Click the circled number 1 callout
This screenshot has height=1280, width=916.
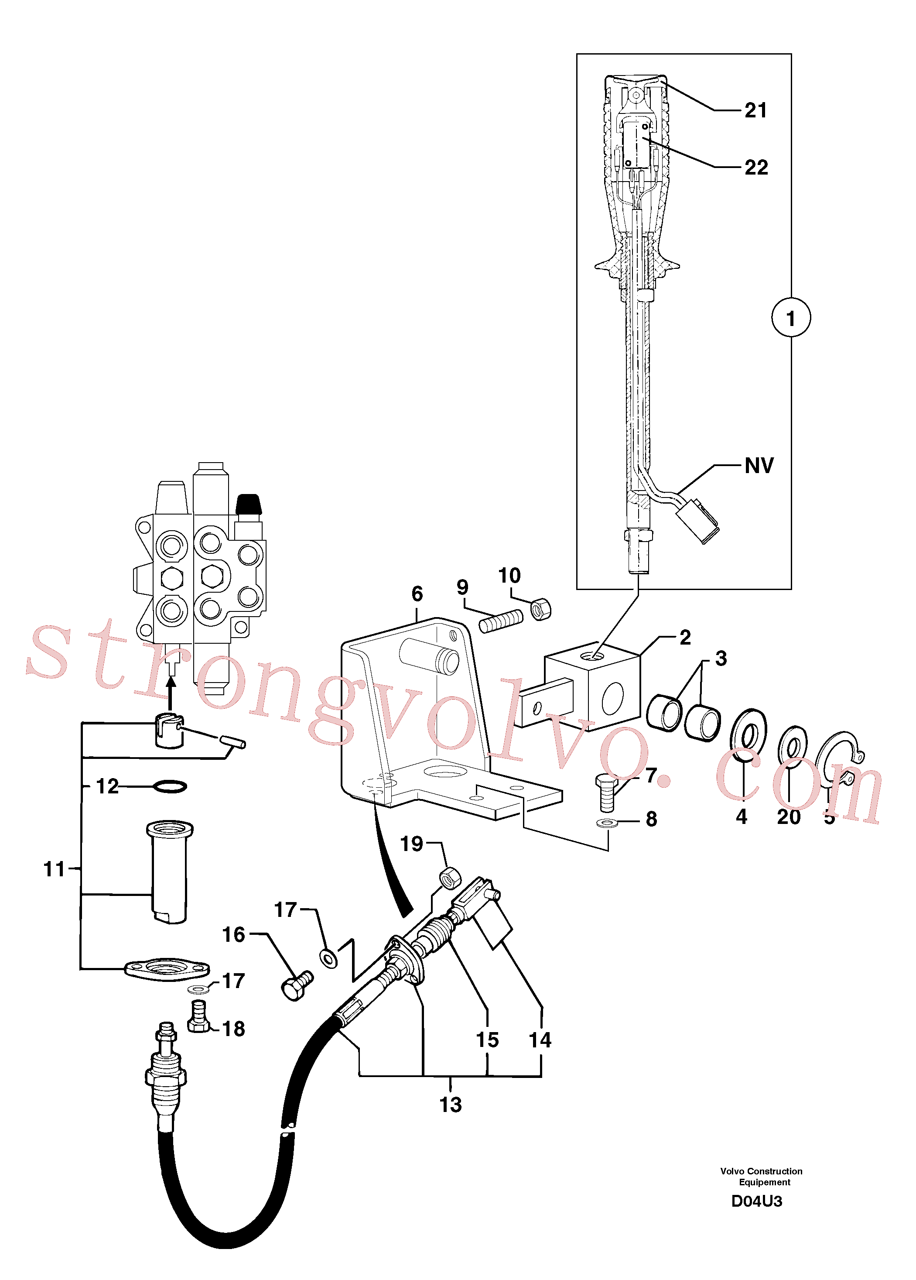point(791,318)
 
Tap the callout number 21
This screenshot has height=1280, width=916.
point(756,110)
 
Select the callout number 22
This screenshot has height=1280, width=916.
point(756,167)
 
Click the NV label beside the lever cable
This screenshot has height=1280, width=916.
point(759,466)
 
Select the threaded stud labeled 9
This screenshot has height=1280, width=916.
point(501,621)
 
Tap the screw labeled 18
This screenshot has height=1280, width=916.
point(198,1016)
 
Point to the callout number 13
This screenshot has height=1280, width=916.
point(450,1105)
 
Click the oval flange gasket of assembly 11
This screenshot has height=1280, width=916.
point(167,969)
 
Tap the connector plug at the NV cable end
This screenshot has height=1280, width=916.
point(697,520)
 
